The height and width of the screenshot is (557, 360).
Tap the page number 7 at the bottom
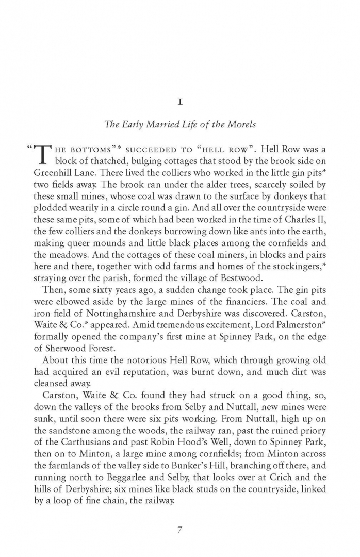click(x=180, y=516)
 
